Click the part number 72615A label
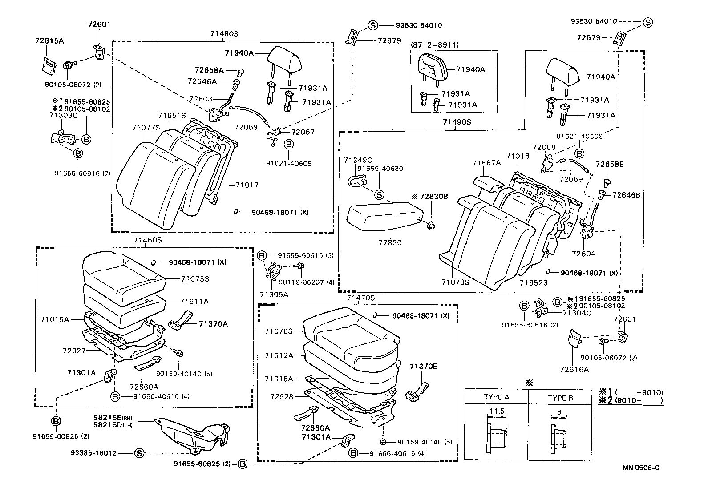[49, 41]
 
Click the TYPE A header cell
[496, 397]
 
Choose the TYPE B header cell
[560, 397]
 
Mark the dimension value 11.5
[496, 411]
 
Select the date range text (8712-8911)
[435, 45]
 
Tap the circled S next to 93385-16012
[139, 453]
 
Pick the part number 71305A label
[274, 294]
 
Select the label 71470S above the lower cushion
[361, 298]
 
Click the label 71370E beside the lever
[423, 367]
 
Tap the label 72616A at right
[574, 369]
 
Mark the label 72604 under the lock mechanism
[583, 254]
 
